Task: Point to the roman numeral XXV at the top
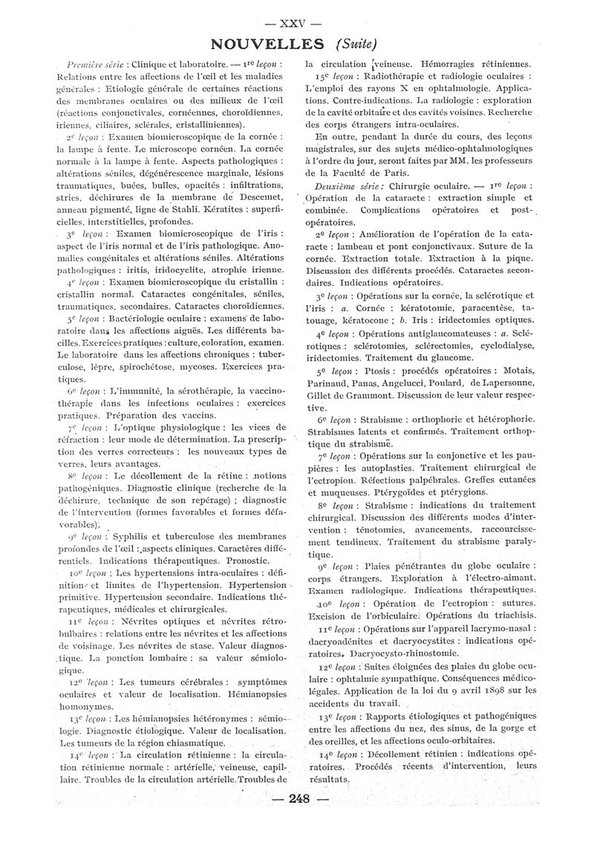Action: [297, 19]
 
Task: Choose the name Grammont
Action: [368, 395]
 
